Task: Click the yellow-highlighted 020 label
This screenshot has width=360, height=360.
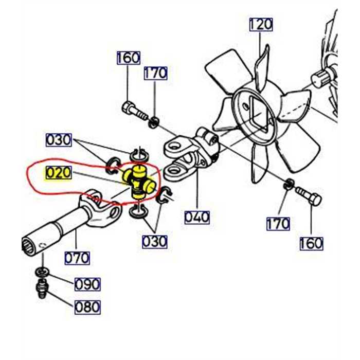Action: tap(59, 173)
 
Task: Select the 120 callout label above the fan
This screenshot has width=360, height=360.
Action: tap(261, 25)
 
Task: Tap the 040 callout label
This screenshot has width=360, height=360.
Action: tap(197, 217)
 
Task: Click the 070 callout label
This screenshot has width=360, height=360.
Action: tap(77, 258)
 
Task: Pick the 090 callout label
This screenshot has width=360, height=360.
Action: tap(87, 284)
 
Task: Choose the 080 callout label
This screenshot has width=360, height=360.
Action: tap(87, 307)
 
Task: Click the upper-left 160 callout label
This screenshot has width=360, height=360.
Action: tap(129, 58)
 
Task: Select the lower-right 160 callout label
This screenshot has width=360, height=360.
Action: tap(312, 243)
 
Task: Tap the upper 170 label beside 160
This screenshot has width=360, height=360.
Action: tap(156, 73)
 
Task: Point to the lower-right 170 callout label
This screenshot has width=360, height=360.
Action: tap(278, 224)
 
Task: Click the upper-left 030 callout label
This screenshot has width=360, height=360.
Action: tap(59, 140)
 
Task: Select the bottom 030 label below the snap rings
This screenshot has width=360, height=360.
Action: tap(155, 242)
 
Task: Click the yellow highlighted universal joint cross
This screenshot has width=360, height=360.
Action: tap(138, 182)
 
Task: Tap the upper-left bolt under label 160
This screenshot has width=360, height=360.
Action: tap(134, 111)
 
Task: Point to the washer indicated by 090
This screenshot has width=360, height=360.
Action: tap(42, 272)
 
